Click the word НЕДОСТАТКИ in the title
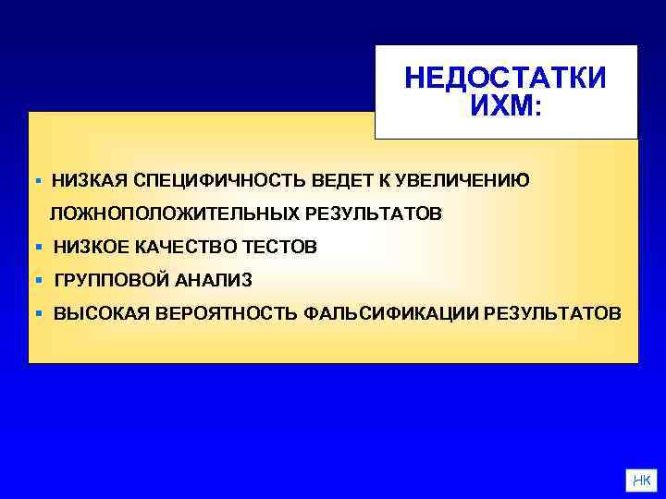coord(505,78)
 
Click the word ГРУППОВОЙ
coord(112,280)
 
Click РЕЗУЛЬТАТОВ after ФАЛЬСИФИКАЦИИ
coord(559,313)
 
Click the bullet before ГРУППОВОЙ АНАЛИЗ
coord(38,280)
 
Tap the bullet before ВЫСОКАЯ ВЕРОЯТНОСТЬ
coord(38,313)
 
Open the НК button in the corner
coord(640,480)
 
